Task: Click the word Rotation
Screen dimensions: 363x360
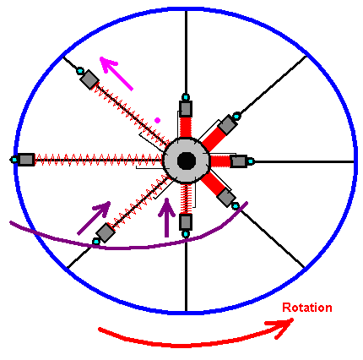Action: point(307,308)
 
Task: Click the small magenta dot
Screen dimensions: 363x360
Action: point(157,120)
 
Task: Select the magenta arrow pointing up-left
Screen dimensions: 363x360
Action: point(116,73)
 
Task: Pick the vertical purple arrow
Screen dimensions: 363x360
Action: point(167,217)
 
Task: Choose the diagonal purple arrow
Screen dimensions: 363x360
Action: point(94,218)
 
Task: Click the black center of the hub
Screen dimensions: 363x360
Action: point(187,161)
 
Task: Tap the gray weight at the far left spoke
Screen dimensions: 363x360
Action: point(26,160)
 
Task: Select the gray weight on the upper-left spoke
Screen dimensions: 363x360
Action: point(89,79)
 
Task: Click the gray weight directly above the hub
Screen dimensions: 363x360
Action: point(186,108)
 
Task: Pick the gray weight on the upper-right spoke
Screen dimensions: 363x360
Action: point(227,125)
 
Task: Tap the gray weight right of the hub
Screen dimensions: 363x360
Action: point(239,161)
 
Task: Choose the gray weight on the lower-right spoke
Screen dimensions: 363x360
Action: point(226,198)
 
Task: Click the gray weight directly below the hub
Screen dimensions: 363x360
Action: point(186,222)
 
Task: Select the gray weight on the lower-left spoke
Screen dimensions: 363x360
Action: point(106,232)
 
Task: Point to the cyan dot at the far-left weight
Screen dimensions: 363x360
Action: point(14,160)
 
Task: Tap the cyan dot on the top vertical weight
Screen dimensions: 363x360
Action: point(186,97)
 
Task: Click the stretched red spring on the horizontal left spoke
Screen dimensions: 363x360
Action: point(98,160)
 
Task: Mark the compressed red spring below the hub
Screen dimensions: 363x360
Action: point(186,199)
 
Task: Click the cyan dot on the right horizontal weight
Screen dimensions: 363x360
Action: point(251,161)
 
